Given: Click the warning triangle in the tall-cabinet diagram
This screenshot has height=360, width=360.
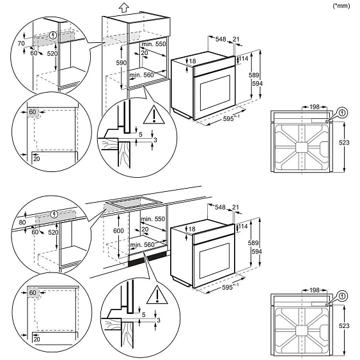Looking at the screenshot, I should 154,115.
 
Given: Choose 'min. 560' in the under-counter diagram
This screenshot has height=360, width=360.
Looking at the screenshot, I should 142,245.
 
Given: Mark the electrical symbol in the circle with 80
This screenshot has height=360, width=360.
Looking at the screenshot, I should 54,214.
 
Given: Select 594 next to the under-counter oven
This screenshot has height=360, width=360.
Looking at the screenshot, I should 256,252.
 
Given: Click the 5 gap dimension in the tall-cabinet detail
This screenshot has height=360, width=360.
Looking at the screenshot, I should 141,135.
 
